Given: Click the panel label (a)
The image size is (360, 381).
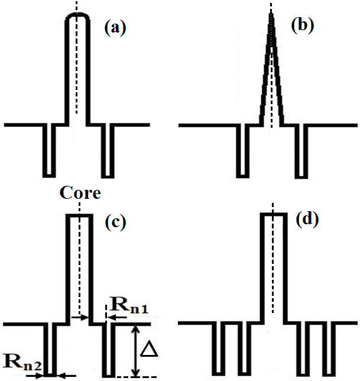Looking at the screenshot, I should pos(115,27).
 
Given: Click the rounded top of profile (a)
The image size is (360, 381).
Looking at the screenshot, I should pos(77,15).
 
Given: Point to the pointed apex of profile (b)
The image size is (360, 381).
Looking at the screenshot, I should pos(271,15).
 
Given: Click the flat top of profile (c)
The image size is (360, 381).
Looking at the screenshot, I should pos(79,216).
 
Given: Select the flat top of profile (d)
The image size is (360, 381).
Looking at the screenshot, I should pos(273,214).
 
